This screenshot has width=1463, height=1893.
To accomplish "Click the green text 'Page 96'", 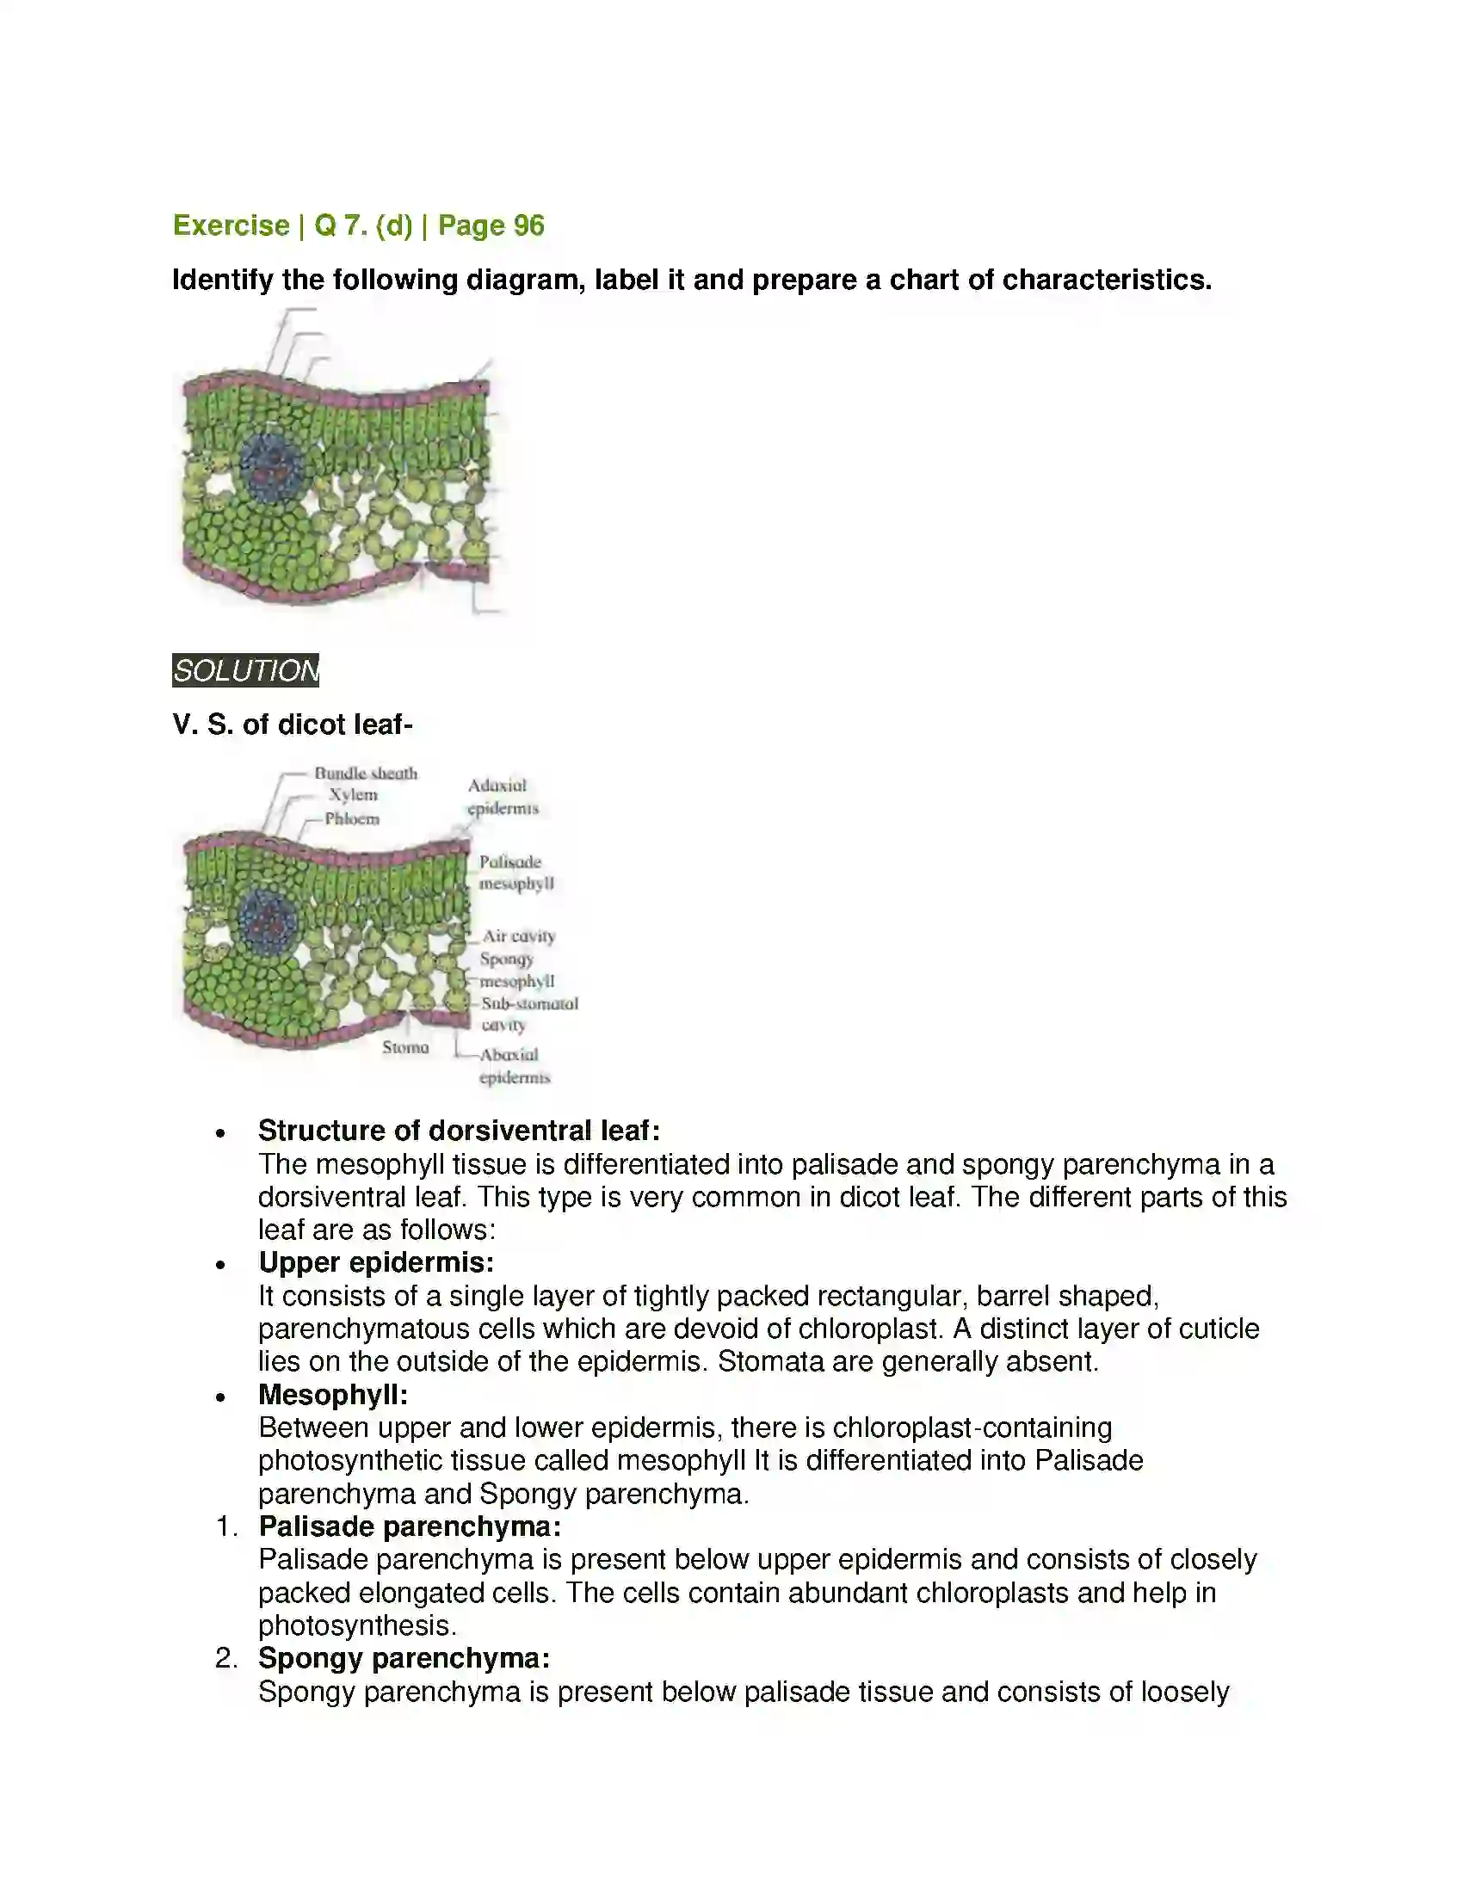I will click(x=491, y=225).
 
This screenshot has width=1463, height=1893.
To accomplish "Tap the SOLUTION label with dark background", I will click(x=245, y=670).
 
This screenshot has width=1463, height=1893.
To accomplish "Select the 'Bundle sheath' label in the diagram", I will click(x=365, y=773).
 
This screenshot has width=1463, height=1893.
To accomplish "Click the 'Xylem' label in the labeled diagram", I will click(x=353, y=795).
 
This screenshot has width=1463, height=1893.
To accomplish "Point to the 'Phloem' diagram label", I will click(x=352, y=818).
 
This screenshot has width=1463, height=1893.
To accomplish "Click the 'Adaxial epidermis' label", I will click(x=502, y=797).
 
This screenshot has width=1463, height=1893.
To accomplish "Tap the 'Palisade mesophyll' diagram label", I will click(x=515, y=872).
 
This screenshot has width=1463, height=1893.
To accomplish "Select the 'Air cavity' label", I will click(x=518, y=936).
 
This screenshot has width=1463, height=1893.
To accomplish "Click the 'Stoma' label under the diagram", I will click(x=405, y=1047).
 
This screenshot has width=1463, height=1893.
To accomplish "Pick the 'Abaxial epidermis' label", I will click(x=514, y=1066).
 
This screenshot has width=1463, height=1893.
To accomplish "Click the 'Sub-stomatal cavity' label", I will click(x=528, y=1014).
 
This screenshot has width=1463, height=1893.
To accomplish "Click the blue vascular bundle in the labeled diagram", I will click(x=268, y=921).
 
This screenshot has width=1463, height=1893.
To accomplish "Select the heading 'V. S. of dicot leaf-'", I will click(x=292, y=724).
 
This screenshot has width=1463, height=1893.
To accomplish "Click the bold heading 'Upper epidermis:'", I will click(x=376, y=1262).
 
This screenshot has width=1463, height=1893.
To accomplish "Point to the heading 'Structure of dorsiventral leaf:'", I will click(x=460, y=1131).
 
